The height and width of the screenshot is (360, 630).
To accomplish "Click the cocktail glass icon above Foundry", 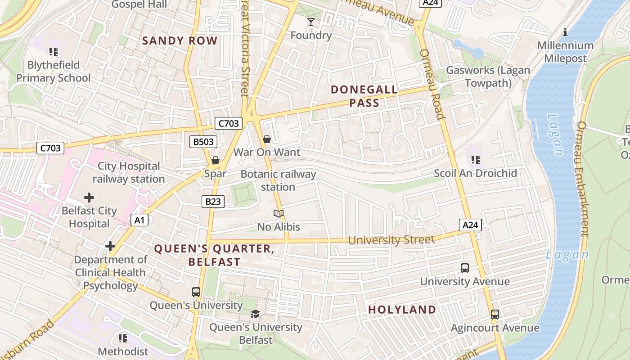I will pyautogui.click(x=310, y=22).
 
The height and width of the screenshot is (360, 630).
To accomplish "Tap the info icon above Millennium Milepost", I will pyautogui.click(x=565, y=32).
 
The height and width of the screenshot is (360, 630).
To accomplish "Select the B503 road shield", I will pyautogui.click(x=203, y=142).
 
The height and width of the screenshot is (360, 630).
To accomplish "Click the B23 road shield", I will pyautogui.click(x=213, y=202).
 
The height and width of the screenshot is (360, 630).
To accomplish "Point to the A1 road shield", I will pyautogui.click(x=139, y=220).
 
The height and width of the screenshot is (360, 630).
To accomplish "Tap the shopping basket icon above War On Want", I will pyautogui.click(x=267, y=139).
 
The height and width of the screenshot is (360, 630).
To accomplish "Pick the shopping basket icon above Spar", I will pyautogui.click(x=216, y=160).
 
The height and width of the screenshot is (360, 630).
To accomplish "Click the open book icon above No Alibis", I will pyautogui.click(x=279, y=213).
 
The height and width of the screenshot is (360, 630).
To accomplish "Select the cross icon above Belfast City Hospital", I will pyautogui.click(x=89, y=197).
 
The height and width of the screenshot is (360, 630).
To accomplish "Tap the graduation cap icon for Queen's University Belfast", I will pyautogui.click(x=255, y=314).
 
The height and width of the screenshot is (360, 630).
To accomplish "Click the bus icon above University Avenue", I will pyautogui.click(x=465, y=268).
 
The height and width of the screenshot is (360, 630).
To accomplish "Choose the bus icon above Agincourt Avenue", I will pyautogui.click(x=495, y=314).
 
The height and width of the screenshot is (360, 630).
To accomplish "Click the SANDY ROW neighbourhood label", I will pyautogui.click(x=180, y=40).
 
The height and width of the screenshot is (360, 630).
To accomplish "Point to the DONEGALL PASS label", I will pyautogui.click(x=364, y=96).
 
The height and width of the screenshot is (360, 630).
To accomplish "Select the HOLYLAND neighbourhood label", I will pyautogui.click(x=402, y=310).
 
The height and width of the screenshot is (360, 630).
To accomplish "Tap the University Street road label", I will pyautogui.click(x=391, y=240).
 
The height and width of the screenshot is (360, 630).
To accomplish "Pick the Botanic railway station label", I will pyautogui.click(x=278, y=180).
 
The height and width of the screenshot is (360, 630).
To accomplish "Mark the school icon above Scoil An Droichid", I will pyautogui.click(x=475, y=159).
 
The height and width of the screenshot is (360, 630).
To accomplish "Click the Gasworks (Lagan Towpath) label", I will pyautogui.click(x=488, y=76).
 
